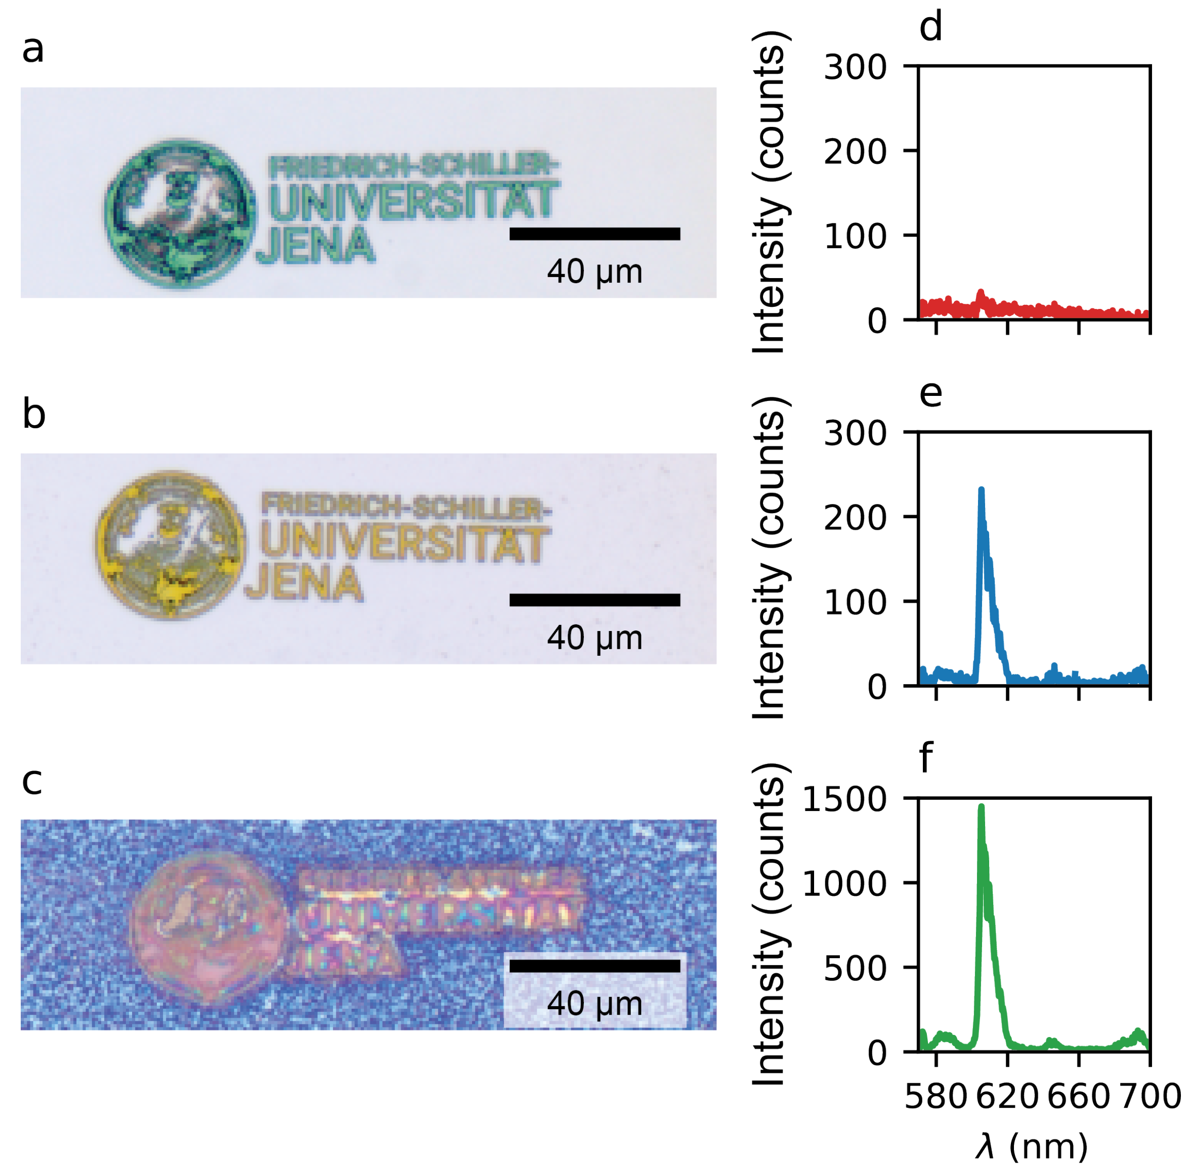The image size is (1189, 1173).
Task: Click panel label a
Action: point(32,49)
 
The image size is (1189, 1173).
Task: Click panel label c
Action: point(31,781)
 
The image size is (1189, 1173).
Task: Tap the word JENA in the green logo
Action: point(315,245)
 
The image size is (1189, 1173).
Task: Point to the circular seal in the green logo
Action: point(180,212)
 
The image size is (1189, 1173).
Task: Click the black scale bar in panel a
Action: point(594,234)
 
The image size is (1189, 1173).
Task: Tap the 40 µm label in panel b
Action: point(594,638)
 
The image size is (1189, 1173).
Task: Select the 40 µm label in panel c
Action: point(594,1003)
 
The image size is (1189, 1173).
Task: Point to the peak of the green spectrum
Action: point(981,807)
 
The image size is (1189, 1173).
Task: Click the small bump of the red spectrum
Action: point(981,294)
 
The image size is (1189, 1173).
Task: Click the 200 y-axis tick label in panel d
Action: point(855,151)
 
